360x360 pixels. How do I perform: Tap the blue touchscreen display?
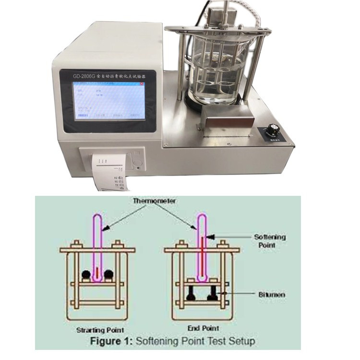tap(108, 99)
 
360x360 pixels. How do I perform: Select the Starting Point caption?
tap(100, 330)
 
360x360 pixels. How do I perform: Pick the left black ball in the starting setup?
tap(86, 275)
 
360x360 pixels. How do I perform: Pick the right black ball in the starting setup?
tap(109, 275)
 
